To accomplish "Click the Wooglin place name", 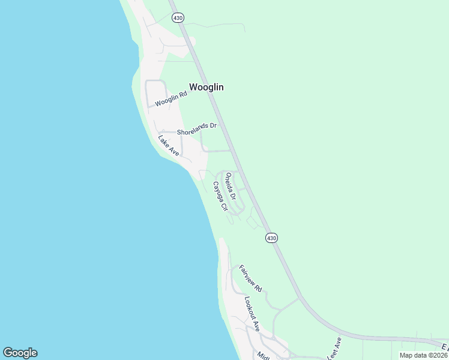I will tap(206, 87).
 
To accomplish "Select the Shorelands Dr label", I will tap(196, 126).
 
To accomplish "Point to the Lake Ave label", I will tap(169, 146).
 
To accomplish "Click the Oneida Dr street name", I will tap(231, 186).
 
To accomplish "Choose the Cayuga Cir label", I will tap(219, 196).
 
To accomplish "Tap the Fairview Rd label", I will tap(250, 278).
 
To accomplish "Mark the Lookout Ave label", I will tap(252, 313).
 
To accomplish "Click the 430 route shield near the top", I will tap(178, 18).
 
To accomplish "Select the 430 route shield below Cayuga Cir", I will tap(271, 238).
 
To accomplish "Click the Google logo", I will tap(20, 353).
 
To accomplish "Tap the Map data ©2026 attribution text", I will tap(423, 355).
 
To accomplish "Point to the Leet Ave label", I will tap(334, 346).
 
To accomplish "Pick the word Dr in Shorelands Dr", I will tap(212, 125).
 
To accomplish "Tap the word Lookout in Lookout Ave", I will tap(249, 307).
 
